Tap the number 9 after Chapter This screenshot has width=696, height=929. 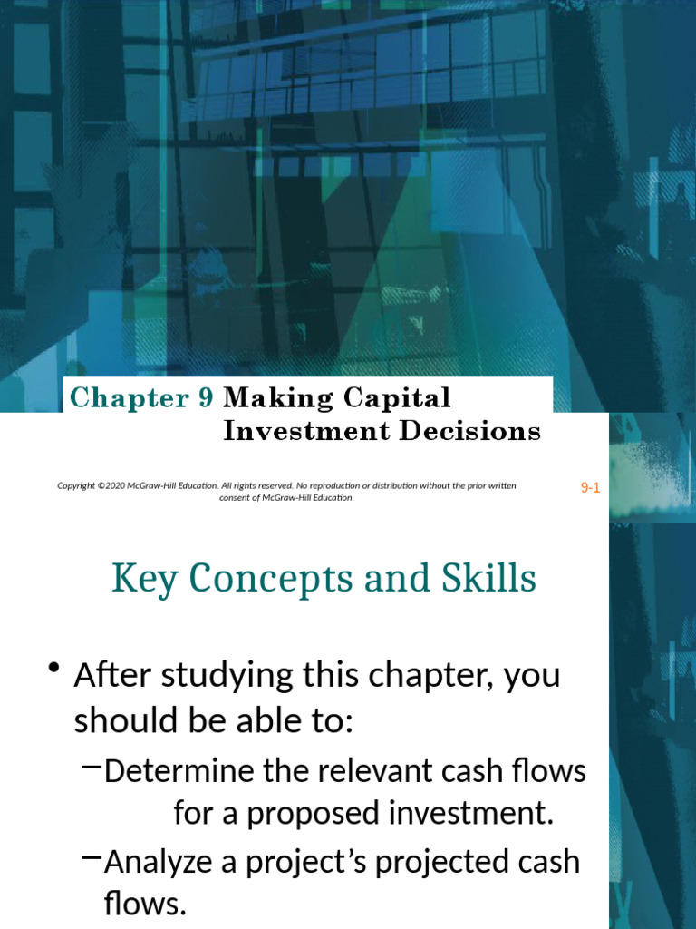(206, 398)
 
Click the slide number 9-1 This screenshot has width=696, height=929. (590, 488)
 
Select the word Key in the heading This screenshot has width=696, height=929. (138, 580)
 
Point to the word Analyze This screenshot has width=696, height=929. (154, 862)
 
